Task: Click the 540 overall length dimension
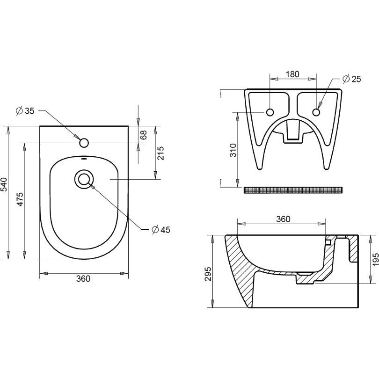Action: pos(4,184)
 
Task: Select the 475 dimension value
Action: pos(20,199)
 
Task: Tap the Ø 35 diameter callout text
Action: pos(25,111)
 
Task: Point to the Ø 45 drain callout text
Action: pos(161,229)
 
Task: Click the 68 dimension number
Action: pos(144,135)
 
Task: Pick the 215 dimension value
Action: pos(160,153)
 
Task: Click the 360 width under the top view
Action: pos(83,279)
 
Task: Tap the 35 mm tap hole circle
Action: pos(84,143)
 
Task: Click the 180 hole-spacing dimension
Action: pos(292,74)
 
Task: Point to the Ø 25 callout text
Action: pos(352,79)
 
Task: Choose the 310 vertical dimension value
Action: pos(233,150)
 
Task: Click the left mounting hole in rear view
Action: pos(270,112)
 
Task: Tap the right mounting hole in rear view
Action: pos(316,112)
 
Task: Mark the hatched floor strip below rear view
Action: pos(293,190)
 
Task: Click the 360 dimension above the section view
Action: pos(283,219)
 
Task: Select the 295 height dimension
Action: pos(208,274)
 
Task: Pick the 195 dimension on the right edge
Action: pos(375,259)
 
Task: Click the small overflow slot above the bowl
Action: pos(84,159)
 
